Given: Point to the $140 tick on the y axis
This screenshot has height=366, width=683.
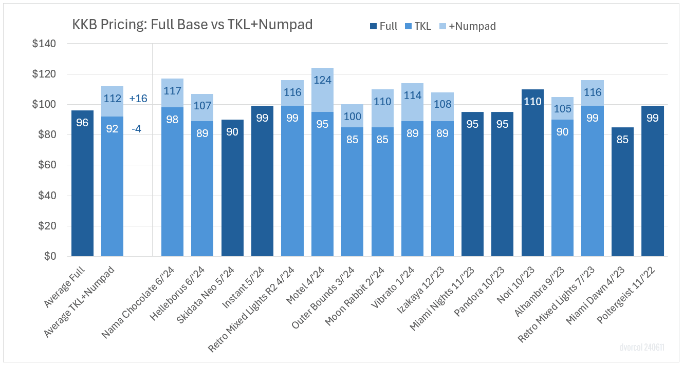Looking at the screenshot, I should click(x=45, y=44).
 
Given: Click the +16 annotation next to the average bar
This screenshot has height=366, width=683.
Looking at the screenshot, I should click(x=139, y=99).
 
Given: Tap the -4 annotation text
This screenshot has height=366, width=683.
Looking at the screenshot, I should click(x=137, y=129).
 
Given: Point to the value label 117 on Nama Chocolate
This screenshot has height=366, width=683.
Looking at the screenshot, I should click(x=172, y=91).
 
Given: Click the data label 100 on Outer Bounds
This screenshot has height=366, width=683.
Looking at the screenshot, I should click(x=352, y=116).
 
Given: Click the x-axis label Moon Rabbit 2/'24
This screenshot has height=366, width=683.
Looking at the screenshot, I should click(x=360, y=298).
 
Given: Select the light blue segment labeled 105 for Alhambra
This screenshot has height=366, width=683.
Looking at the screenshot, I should click(x=562, y=108).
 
